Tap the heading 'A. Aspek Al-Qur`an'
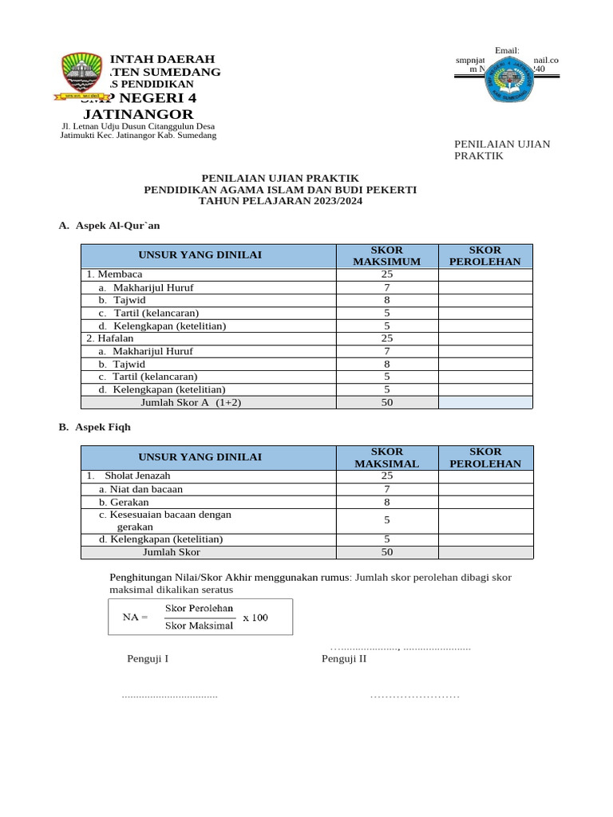(x=109, y=226)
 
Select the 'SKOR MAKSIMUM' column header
(x=386, y=255)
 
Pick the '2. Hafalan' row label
(x=112, y=338)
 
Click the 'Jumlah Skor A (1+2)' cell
(x=191, y=402)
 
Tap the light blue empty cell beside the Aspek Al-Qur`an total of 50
(x=485, y=402)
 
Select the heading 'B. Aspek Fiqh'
(x=95, y=427)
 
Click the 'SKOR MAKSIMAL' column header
(x=386, y=457)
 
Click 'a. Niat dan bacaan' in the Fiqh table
(x=140, y=488)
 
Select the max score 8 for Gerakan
(x=386, y=502)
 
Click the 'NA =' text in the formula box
(x=135, y=617)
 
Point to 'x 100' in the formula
(x=255, y=617)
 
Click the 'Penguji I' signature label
(x=148, y=658)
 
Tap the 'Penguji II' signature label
(x=344, y=658)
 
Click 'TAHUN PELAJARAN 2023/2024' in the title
(x=279, y=201)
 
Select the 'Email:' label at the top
(x=507, y=50)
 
